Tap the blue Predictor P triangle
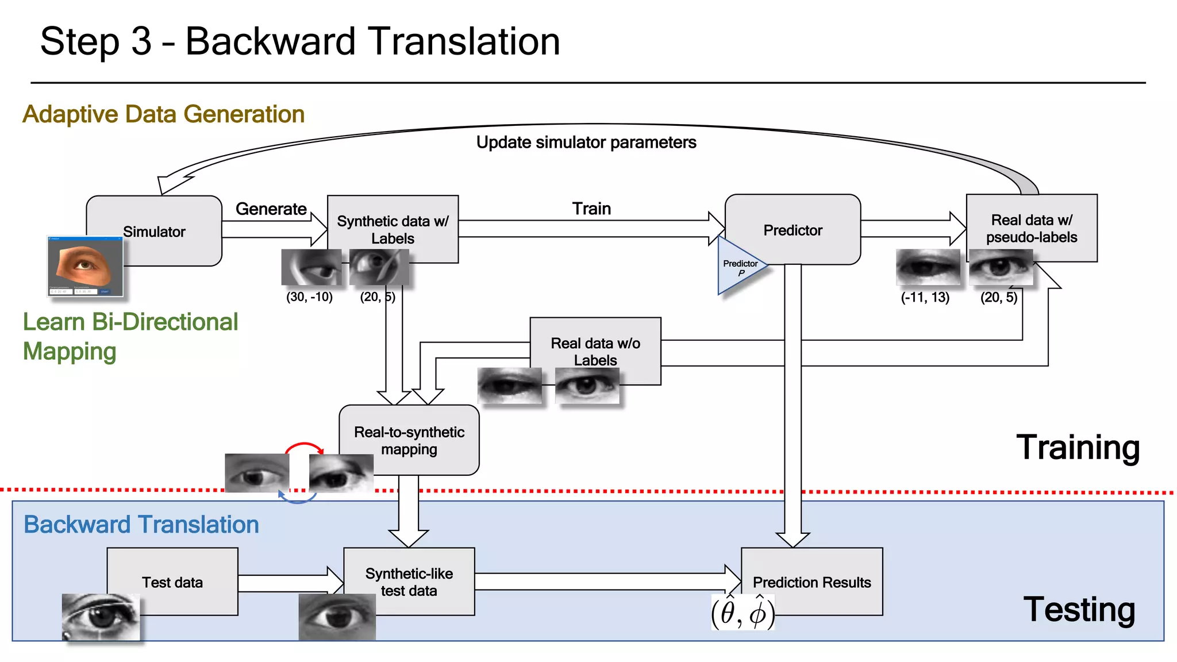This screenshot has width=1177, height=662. pyautogui.click(x=738, y=267)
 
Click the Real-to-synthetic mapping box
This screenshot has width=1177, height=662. pyautogui.click(x=409, y=440)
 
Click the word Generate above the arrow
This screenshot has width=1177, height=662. pyautogui.click(x=271, y=209)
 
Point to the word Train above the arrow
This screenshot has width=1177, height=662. pyautogui.click(x=591, y=209)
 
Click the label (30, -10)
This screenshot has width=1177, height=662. pyautogui.click(x=309, y=297)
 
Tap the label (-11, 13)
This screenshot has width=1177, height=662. pyautogui.click(x=925, y=297)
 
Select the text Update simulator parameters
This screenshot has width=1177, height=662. pyautogui.click(x=586, y=142)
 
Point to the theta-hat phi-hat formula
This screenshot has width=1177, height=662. pyautogui.click(x=743, y=613)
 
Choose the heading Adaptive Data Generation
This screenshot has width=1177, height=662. pyautogui.click(x=163, y=114)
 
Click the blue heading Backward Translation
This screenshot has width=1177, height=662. pyautogui.click(x=141, y=524)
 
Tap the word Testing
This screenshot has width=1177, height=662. pyautogui.click(x=1079, y=609)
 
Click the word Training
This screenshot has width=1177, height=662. pyautogui.click(x=1078, y=447)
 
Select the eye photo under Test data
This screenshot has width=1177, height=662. pyautogui.click(x=101, y=617)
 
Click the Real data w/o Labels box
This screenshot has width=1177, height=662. pyautogui.click(x=595, y=351)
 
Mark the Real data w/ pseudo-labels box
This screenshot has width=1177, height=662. pyautogui.click(x=1032, y=228)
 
